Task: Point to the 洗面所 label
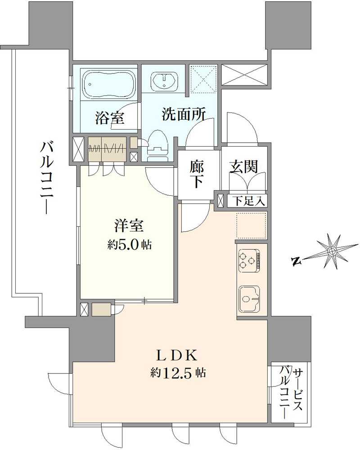184,114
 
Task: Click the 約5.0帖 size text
129,245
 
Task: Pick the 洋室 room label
129,225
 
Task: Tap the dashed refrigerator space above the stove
252,225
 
